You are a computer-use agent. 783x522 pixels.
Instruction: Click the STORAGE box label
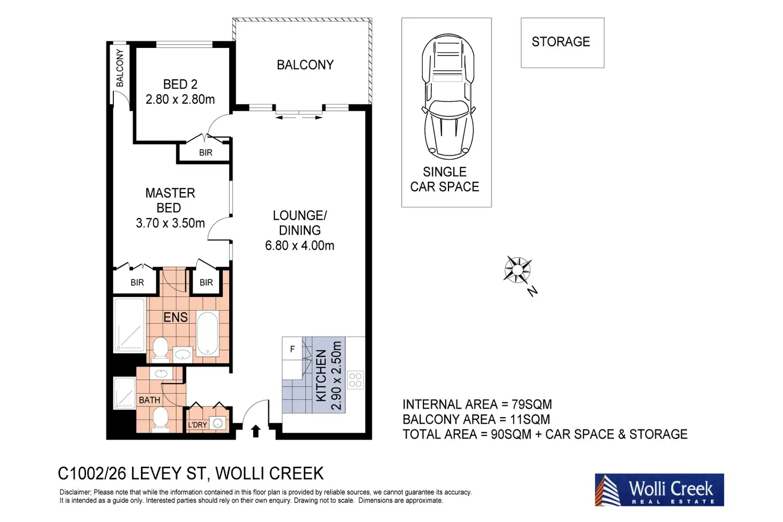point(561,42)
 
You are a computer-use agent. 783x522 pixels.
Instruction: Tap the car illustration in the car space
point(448,96)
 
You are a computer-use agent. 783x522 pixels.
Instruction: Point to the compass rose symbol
point(518,270)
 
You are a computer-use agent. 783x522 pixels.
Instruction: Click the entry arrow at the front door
point(256,431)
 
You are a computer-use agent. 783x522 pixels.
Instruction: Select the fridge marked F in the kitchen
point(292,349)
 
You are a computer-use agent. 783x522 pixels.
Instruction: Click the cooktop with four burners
point(355,380)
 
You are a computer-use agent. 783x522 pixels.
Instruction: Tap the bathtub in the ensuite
point(207,334)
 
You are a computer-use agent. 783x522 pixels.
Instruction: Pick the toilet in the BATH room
point(161,419)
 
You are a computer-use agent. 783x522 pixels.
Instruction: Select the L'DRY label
point(197,425)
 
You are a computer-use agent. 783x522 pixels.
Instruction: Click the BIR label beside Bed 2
point(205,152)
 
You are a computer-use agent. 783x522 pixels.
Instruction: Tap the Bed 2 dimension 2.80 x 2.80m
point(180,100)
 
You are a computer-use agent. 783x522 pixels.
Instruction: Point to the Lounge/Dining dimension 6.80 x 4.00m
point(299,245)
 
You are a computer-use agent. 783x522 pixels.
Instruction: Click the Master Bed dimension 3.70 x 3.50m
point(170,223)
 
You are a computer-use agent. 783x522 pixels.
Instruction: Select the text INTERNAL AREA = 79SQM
point(477,404)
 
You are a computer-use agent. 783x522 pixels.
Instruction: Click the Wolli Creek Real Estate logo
point(659,490)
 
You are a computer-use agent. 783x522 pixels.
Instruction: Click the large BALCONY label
point(305,65)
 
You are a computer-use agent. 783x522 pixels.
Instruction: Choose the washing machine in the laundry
point(218,423)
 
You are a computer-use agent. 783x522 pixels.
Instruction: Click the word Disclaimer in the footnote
point(75,492)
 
